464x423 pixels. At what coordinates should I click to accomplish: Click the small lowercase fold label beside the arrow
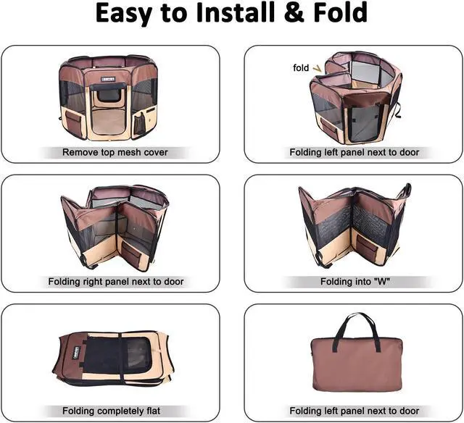tap(300, 67)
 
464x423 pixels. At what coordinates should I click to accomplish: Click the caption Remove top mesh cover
tap(115, 153)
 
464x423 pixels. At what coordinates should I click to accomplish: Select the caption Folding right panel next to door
tap(116, 281)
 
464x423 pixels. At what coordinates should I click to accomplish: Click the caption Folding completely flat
tap(115, 411)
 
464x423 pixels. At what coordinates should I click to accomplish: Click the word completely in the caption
tap(123, 411)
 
